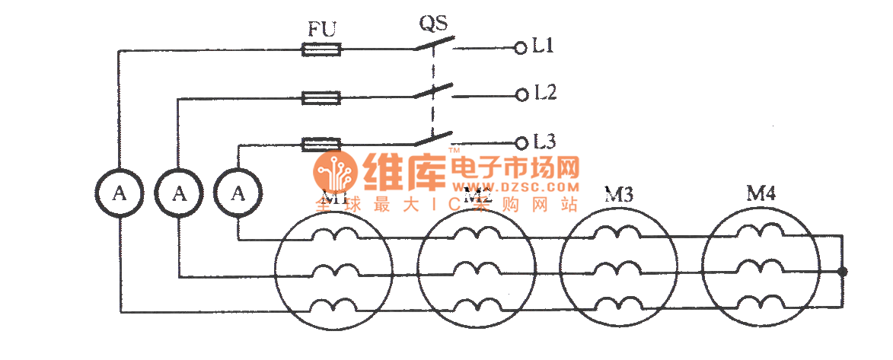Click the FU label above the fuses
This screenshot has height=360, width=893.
point(321,30)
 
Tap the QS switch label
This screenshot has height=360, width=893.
point(433,22)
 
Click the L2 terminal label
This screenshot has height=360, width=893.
point(545,94)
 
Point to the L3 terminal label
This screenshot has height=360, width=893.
point(545,142)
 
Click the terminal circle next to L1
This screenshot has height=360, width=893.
point(521,48)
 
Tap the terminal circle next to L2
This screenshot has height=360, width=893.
point(521,95)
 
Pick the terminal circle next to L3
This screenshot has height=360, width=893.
point(521,142)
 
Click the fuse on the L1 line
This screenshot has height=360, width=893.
point(321,49)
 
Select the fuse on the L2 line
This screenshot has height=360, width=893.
point(321,97)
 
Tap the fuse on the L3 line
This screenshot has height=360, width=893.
point(321,143)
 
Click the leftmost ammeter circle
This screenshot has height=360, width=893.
point(119,193)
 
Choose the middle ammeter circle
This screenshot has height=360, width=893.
point(179,193)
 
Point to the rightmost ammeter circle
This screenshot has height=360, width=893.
point(238,193)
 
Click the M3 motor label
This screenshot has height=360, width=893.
point(619,196)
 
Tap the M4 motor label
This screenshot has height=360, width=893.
point(761,194)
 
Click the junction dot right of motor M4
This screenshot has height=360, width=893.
point(843,271)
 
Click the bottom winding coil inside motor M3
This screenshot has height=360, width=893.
point(618,306)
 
